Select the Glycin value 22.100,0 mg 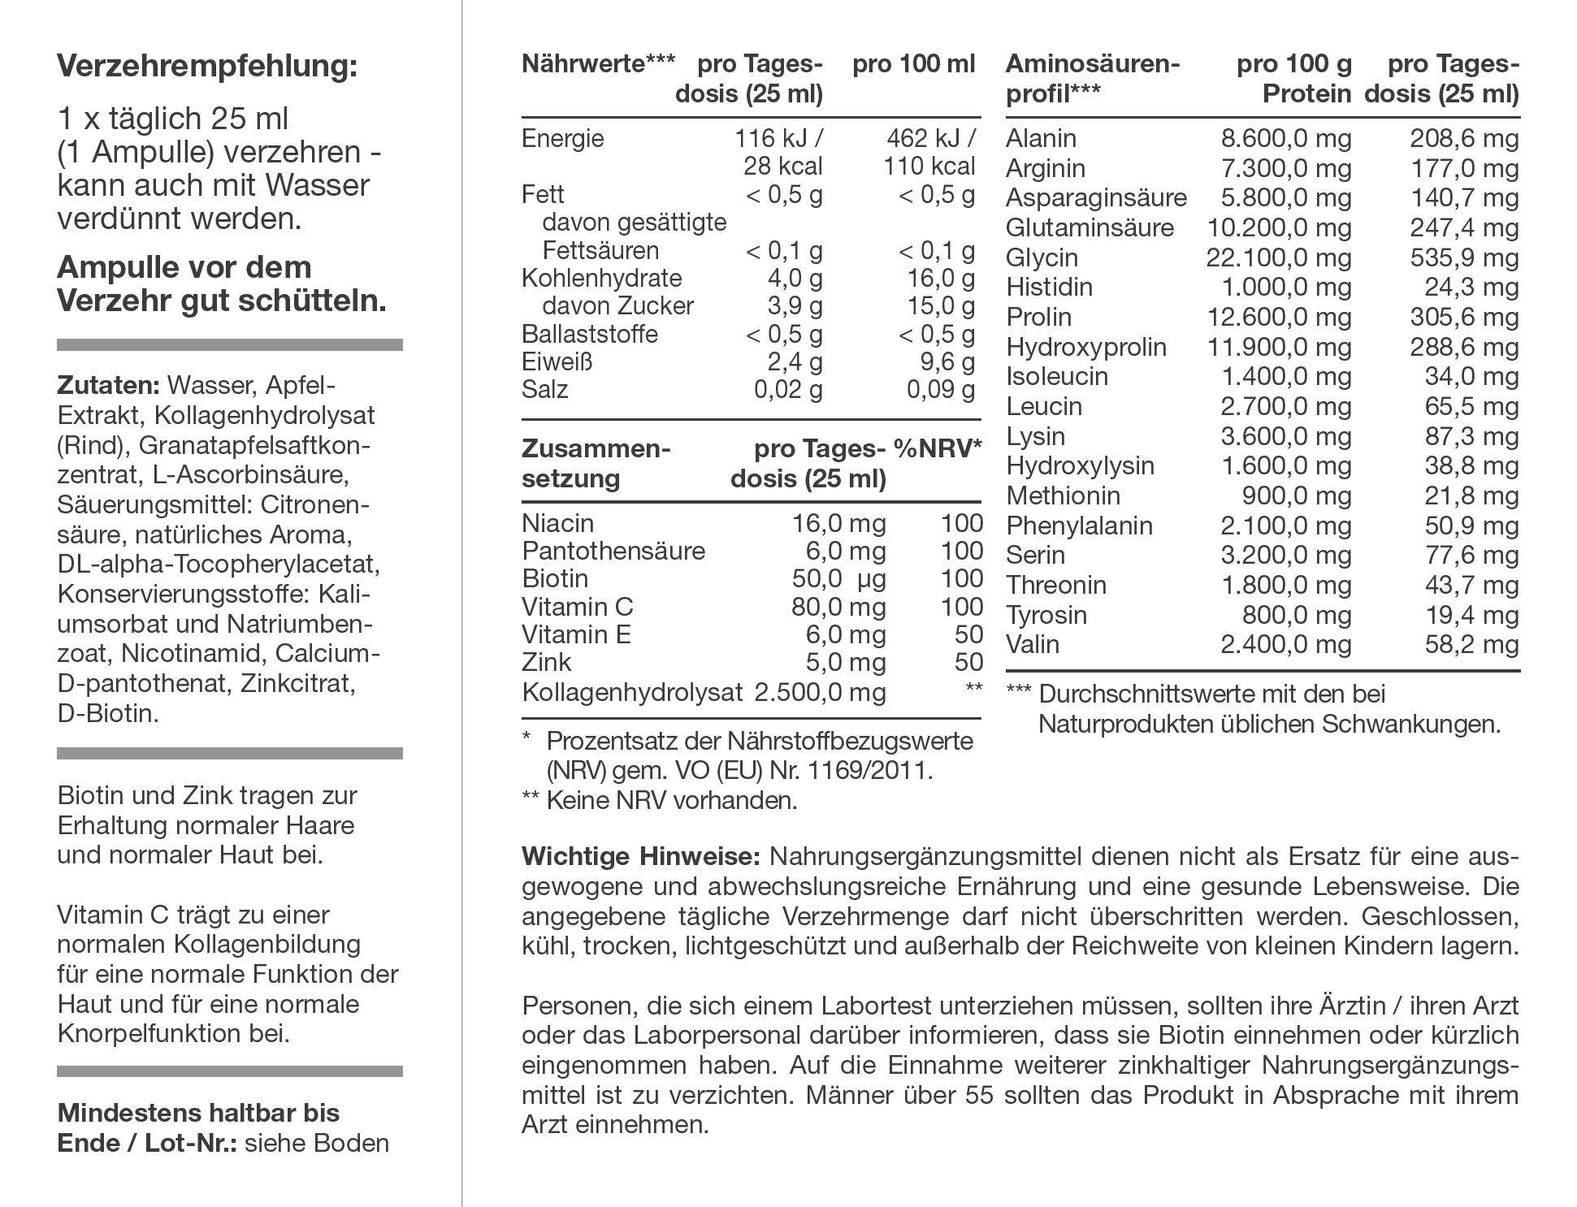pos(1278,257)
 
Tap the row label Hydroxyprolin pos(1086,347)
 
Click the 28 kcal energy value pos(782,167)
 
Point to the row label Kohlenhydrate pos(602,278)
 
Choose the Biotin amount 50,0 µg pos(838,578)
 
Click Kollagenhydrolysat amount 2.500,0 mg pos(820,692)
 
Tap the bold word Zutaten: pos(109,385)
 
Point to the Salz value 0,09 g pos(941,390)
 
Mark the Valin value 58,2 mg pos(1471,645)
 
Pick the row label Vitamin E pos(576,634)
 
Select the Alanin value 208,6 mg pos(1464,139)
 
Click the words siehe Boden pos(317,1144)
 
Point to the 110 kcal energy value pos(929,167)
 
